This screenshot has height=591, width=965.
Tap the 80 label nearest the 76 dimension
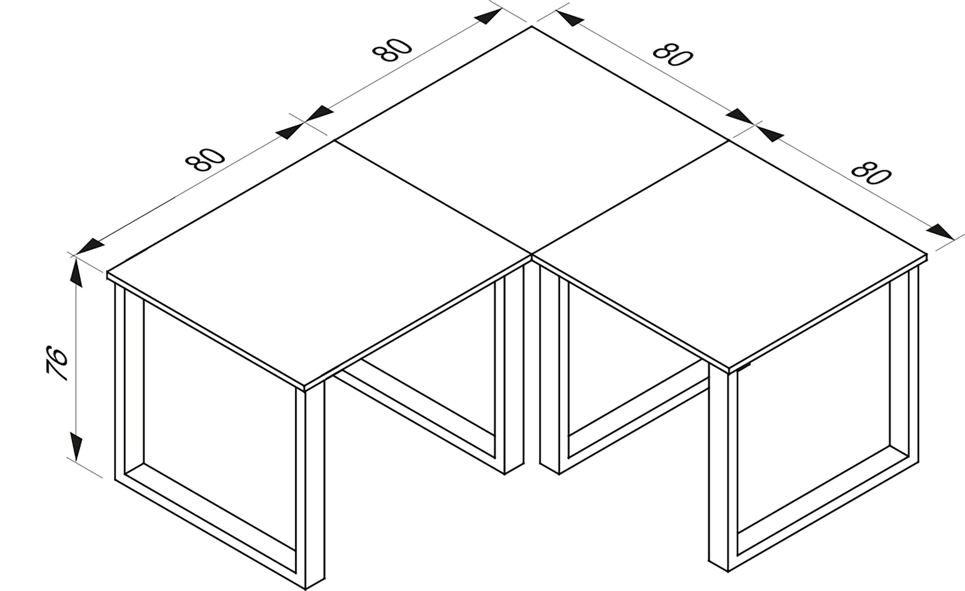coord(205,160)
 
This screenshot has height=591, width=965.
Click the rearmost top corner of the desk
coord(531,27)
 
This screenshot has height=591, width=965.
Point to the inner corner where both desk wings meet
coord(531,255)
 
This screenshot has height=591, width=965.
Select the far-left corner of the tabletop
coord(107,271)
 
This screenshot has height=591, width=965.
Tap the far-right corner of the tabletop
coord(927,254)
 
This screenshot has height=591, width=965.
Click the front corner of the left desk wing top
coord(305,386)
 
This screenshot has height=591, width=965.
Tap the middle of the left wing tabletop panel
coord(319,263)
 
